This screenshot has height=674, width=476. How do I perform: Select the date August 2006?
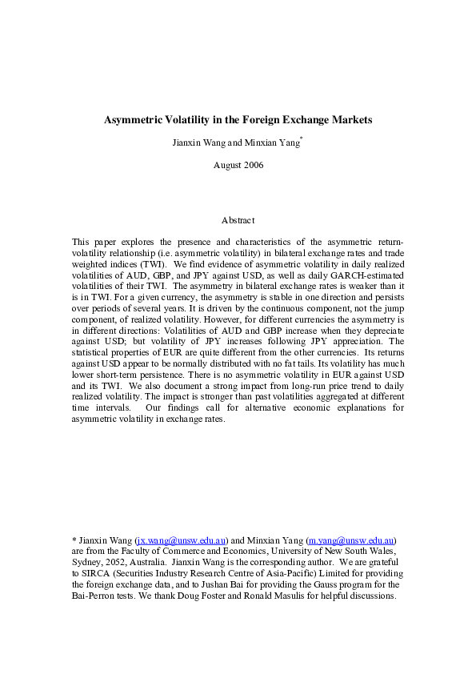[x=238, y=165]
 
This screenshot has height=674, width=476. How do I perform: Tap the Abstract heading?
[x=238, y=220]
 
